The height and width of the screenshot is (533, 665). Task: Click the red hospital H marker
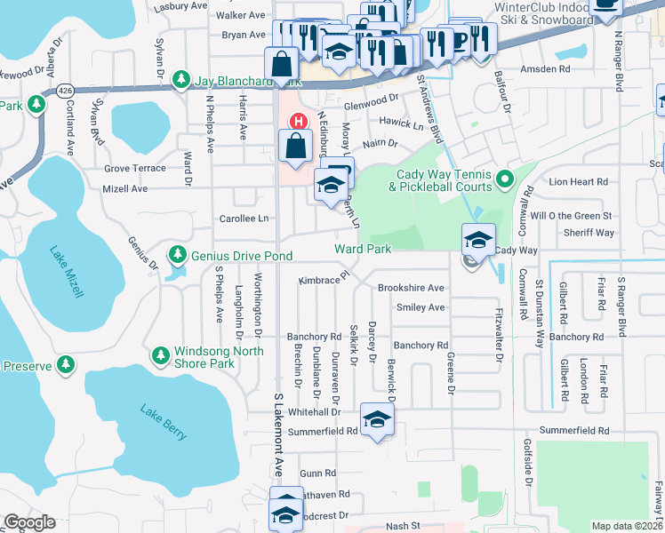tap(299, 121)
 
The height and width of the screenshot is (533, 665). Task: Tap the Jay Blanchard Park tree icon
tap(181, 80)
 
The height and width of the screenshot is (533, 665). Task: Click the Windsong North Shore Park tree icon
tap(160, 356)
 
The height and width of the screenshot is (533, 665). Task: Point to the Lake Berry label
tap(164, 421)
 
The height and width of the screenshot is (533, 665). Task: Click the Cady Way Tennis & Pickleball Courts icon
tap(504, 180)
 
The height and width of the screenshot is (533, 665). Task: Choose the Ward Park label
tap(362, 250)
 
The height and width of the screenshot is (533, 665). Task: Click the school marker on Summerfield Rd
tap(377, 419)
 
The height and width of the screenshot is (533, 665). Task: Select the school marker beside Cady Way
tap(477, 238)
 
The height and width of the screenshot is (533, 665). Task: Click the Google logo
tap(30, 522)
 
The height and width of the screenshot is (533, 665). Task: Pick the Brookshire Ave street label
tap(410, 288)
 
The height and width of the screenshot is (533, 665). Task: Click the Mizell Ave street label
tap(125, 188)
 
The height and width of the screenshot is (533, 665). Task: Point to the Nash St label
tap(402, 526)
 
